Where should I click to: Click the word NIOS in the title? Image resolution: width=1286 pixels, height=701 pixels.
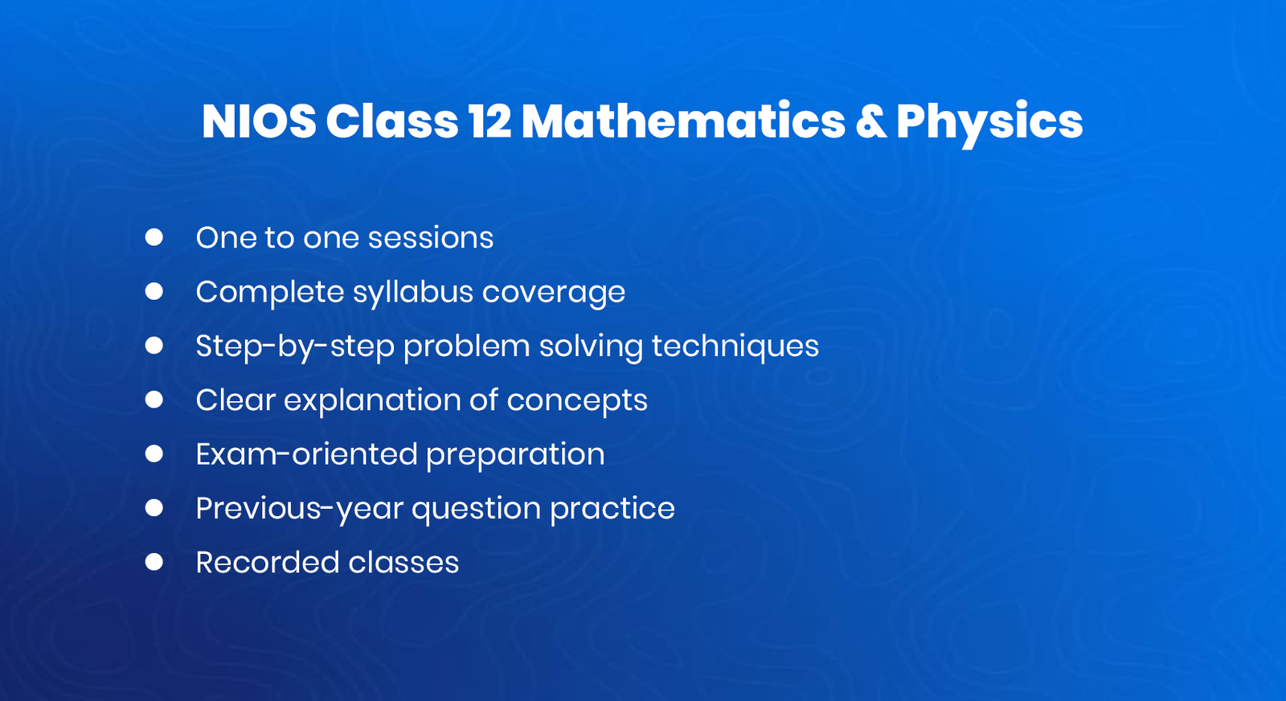259,121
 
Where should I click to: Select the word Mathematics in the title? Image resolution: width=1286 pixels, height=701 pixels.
683,121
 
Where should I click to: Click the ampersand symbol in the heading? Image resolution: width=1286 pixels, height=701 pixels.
870,121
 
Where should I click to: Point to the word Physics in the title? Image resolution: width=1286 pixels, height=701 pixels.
989,123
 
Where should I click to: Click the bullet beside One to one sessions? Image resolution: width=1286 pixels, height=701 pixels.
154,237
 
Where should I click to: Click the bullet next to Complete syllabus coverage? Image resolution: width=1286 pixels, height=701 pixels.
154,291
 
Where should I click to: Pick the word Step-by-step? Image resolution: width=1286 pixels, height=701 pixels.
294,346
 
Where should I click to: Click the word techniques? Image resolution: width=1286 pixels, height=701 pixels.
735,346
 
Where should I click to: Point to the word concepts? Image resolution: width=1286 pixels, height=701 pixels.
576,400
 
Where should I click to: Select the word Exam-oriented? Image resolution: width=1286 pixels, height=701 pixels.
306,454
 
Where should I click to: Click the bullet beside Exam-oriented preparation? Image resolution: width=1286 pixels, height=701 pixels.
154,454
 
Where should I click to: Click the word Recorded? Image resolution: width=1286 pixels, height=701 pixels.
267,563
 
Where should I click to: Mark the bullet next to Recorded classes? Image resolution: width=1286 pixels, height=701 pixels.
154,562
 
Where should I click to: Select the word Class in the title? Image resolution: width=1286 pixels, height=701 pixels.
392,121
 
